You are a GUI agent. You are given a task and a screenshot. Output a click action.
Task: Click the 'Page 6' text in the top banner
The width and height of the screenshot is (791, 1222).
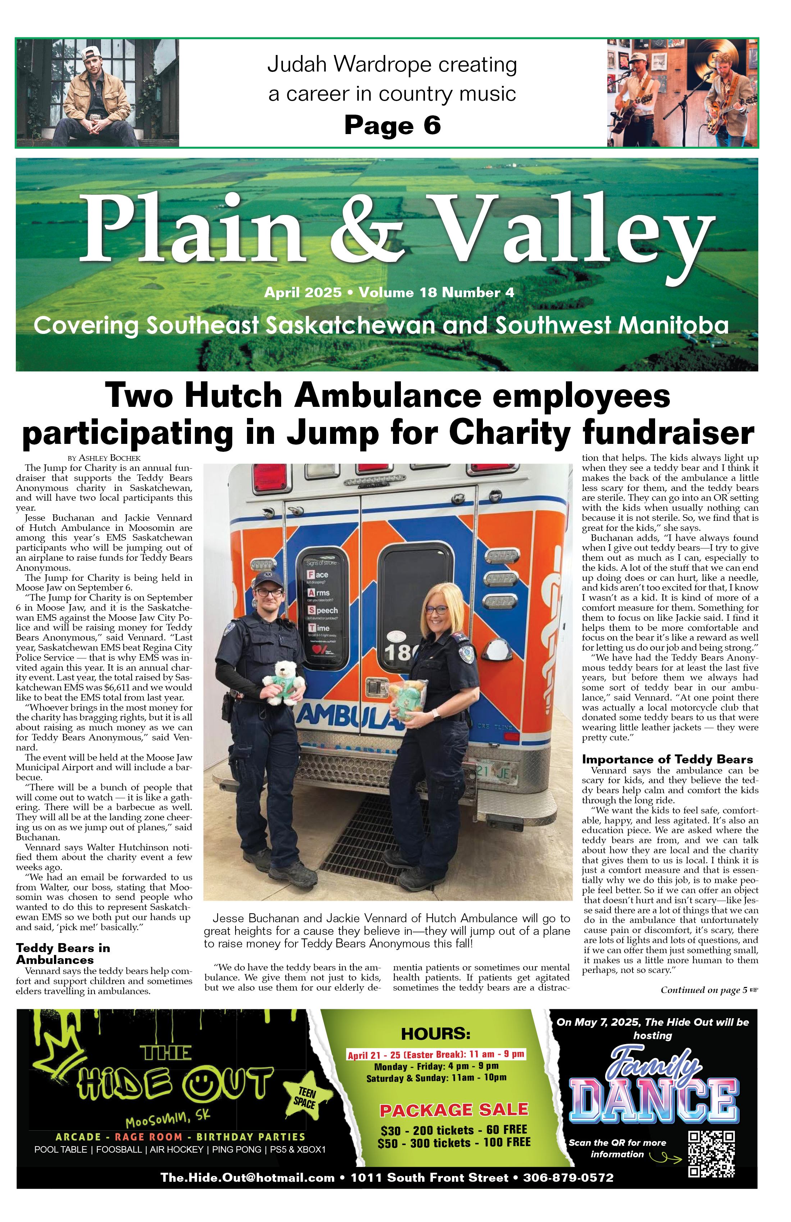[x=392, y=125]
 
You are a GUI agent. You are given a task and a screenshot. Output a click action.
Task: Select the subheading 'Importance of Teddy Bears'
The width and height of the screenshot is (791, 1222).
[x=667, y=759]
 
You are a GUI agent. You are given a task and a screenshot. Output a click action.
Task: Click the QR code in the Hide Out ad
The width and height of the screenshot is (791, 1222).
[x=712, y=1154]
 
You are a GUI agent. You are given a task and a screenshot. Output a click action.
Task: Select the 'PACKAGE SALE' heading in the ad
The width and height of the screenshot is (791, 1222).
[x=454, y=1110]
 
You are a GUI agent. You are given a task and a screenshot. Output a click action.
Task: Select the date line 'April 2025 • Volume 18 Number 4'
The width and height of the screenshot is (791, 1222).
[x=389, y=293]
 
